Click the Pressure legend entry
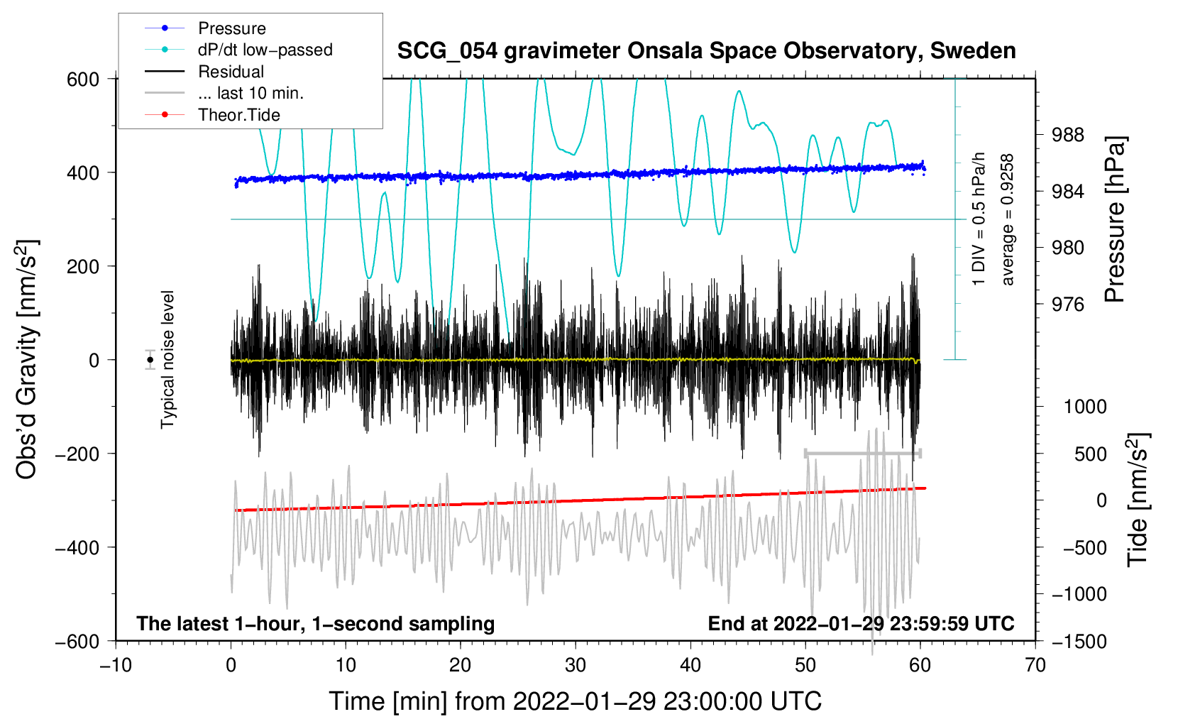(x=205, y=28)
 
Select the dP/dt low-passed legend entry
(x=238, y=50)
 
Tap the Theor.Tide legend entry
(x=212, y=115)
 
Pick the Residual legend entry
(x=204, y=71)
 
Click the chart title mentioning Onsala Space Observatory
(x=706, y=51)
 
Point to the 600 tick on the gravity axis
(x=82, y=79)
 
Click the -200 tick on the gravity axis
(x=77, y=454)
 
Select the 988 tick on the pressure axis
(x=1067, y=136)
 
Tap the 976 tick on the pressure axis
(x=1067, y=304)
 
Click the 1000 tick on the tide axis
(x=1086, y=406)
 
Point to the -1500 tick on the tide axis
(x=1079, y=642)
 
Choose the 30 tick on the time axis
(x=576, y=666)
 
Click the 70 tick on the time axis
(x=1035, y=666)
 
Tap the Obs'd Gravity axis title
(x=26, y=360)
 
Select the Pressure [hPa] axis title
(x=1114, y=219)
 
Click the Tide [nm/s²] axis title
(x=1138, y=500)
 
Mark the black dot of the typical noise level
(x=150, y=360)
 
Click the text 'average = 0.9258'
(x=1006, y=220)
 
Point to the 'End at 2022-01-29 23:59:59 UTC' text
(x=861, y=623)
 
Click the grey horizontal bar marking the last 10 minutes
(x=863, y=453)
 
